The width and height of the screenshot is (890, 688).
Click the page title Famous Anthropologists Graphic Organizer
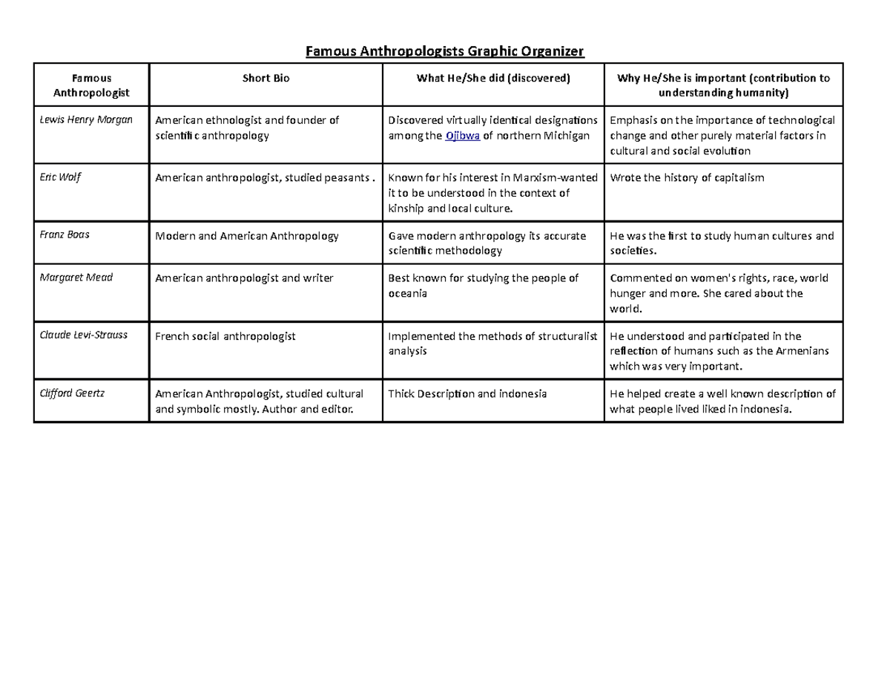pos(446,51)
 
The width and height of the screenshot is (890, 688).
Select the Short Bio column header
pos(266,78)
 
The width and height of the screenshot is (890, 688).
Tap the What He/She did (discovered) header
pos(493,78)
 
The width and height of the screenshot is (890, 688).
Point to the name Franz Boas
pos(65,235)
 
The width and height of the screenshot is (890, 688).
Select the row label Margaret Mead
pos(73,278)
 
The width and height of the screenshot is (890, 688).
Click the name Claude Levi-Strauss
pos(83,335)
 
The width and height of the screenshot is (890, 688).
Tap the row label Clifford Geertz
pos(72,393)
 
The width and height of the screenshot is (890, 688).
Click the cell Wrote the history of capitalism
pos(687,178)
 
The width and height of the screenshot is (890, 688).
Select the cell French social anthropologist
pos(225,336)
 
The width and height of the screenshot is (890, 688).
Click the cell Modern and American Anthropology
pos(246,236)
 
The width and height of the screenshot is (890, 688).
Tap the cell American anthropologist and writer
pos(243,278)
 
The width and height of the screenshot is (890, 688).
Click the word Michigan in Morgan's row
pos(568,136)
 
